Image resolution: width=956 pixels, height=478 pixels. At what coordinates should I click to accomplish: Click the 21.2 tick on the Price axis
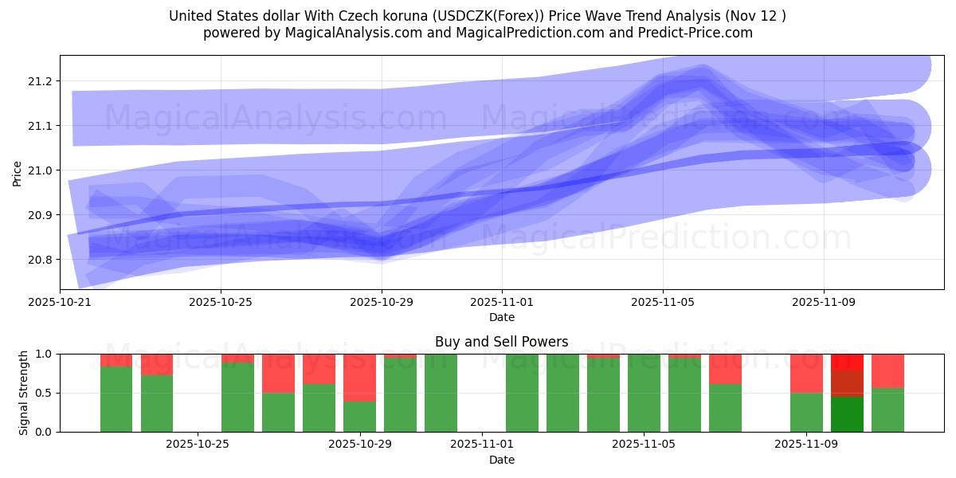tap(41, 81)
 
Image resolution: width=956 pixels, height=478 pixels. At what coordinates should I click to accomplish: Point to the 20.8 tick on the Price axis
tap(41, 260)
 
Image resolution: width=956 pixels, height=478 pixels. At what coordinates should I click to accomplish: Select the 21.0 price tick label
tap(41, 170)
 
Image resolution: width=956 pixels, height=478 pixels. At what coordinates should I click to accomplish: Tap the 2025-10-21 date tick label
tap(60, 302)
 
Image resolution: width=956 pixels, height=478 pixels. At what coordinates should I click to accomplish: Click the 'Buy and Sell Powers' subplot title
tap(501, 342)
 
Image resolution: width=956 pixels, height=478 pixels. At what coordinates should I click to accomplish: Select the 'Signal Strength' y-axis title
tap(23, 393)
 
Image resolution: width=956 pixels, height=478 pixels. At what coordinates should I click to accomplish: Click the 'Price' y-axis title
tap(18, 172)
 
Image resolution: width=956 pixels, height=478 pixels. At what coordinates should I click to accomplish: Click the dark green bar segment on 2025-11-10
tap(847, 414)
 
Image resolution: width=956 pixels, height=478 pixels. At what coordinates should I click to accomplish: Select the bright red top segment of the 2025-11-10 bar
tap(847, 362)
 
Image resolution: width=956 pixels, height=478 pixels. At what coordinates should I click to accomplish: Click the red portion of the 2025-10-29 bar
tap(359, 377)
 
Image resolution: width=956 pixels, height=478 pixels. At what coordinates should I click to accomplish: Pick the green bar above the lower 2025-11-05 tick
tap(644, 393)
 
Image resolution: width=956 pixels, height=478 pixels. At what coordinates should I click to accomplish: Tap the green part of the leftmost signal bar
tap(116, 398)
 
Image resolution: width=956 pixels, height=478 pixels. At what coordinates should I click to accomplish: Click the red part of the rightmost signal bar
tap(887, 370)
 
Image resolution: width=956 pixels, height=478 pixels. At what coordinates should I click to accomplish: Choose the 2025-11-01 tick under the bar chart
tap(482, 445)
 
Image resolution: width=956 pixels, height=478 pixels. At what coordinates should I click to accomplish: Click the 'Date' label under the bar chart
tap(501, 460)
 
